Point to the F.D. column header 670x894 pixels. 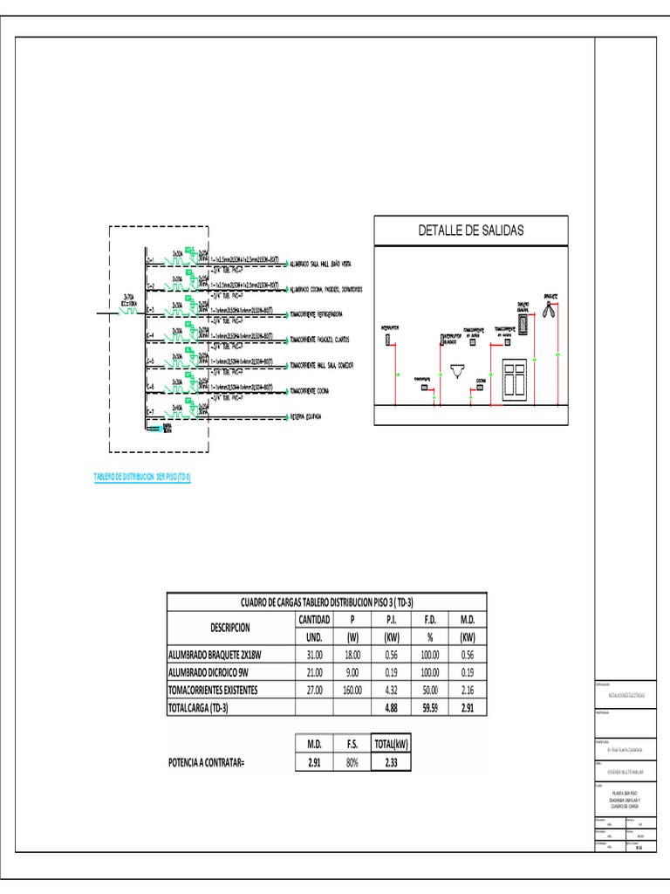[430, 618]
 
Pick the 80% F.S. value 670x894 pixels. [352, 762]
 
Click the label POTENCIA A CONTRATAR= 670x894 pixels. [206, 763]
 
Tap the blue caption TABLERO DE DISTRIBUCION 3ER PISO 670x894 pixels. [142, 477]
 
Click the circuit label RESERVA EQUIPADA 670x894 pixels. [305, 416]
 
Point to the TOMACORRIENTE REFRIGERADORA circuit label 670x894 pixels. [323, 312]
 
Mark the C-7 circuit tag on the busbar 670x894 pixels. [150, 411]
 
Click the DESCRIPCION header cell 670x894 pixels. [230, 627]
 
